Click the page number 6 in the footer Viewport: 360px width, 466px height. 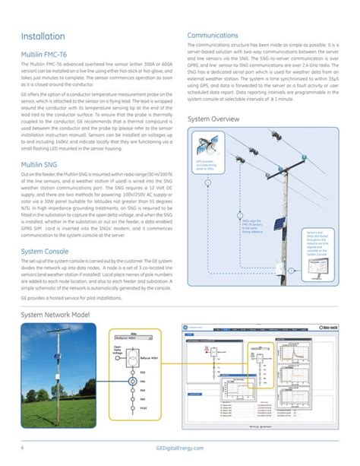click(x=23, y=447)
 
